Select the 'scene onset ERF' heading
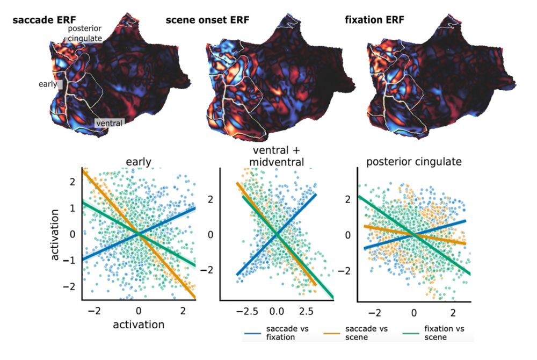click(x=206, y=21)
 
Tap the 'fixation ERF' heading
click(x=374, y=21)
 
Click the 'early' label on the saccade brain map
click(x=48, y=84)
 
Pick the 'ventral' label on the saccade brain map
click(x=109, y=123)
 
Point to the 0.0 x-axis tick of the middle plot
click(x=276, y=311)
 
